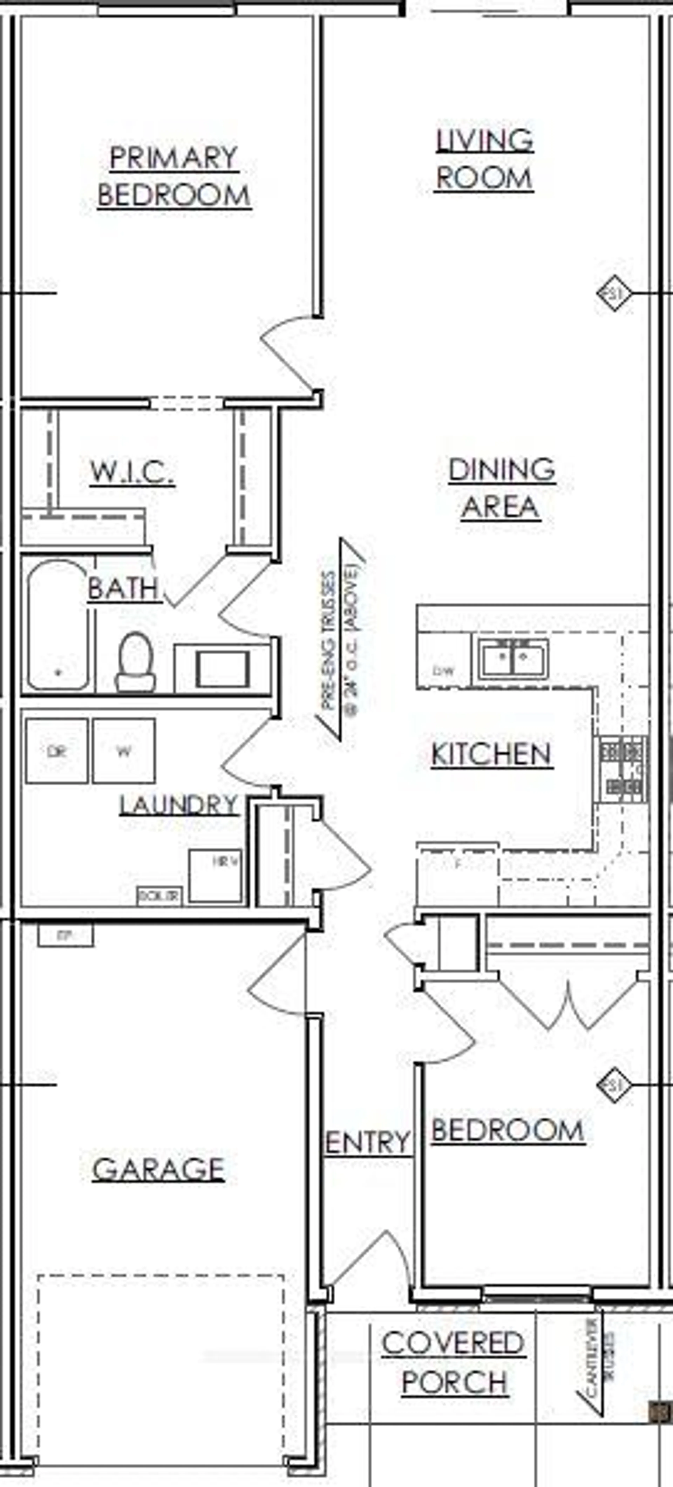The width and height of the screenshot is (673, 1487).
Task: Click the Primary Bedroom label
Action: point(174,176)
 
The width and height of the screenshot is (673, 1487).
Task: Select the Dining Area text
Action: point(502,488)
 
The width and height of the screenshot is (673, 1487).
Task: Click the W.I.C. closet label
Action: point(132,472)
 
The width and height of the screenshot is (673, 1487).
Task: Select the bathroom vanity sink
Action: point(222,668)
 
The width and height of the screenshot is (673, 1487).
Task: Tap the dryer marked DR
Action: point(57,750)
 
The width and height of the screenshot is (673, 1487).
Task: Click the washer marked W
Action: point(124,750)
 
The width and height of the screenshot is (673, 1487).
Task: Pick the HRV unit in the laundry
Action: point(215,875)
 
